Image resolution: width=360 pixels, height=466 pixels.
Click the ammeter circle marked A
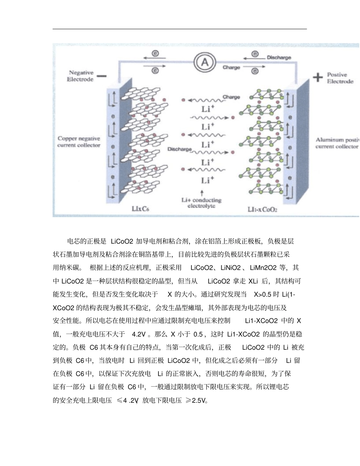205,63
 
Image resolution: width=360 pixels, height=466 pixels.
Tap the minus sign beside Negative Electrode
102,76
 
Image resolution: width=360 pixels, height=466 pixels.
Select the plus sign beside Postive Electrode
318,77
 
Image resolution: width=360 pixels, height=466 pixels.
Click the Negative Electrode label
80,76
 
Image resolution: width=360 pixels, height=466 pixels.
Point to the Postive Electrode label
340,78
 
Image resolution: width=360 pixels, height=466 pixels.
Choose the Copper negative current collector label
79,142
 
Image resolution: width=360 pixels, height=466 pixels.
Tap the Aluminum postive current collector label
337,143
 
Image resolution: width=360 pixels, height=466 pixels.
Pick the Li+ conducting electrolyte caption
201,203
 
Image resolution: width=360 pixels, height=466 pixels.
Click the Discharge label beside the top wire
279,58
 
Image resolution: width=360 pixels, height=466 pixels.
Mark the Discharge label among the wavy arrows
180,149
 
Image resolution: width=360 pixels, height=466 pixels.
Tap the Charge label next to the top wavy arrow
231,97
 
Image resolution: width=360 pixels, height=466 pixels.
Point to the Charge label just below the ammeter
231,67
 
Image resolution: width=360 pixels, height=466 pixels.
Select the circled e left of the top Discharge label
255,55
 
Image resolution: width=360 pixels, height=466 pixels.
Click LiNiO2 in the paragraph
230,268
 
